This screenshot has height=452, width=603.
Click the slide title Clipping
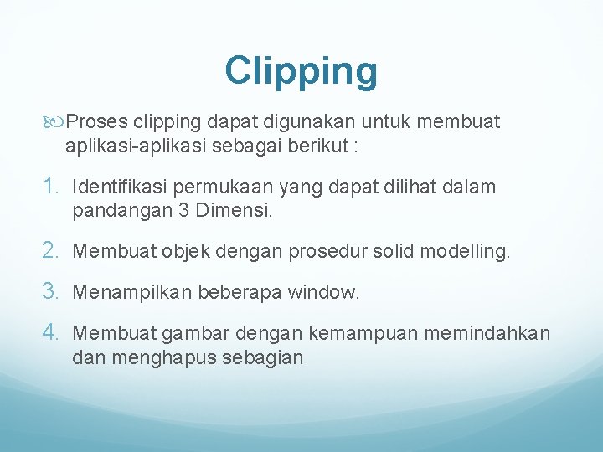tap(301, 72)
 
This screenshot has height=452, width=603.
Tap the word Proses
tap(97, 122)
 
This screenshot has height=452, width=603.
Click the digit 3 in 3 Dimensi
tap(184, 211)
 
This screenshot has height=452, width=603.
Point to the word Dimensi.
tap(234, 211)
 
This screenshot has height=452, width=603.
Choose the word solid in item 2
tap(389, 250)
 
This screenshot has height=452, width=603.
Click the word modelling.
tap(464, 250)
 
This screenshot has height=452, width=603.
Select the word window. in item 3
tap(323, 292)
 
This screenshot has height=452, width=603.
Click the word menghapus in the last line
tap(167, 357)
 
